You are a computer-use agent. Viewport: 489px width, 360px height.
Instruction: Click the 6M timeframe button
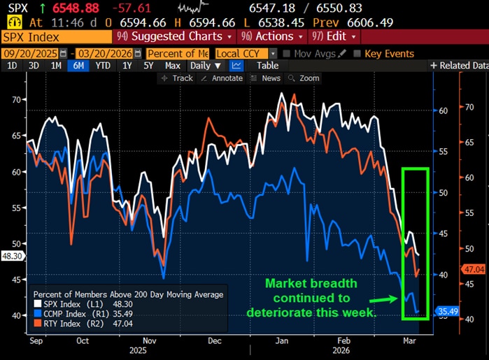pos(77,66)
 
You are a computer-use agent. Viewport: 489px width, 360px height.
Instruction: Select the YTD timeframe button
pos(102,66)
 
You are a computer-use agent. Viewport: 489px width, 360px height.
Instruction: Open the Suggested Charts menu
pos(176,36)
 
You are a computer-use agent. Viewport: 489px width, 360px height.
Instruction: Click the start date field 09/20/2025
pos(31,53)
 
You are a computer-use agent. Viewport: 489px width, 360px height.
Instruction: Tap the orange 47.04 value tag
pos(474,268)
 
